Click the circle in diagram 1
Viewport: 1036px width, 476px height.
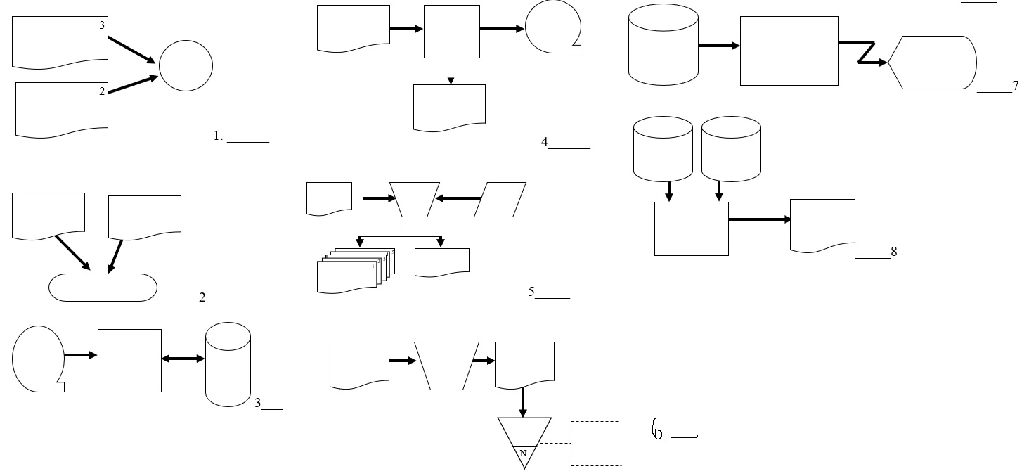pyautogui.click(x=186, y=65)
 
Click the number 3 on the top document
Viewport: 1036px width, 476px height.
pyautogui.click(x=102, y=25)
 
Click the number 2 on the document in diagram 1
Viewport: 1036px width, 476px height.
pyautogui.click(x=102, y=91)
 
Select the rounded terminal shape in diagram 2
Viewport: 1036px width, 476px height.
pyautogui.click(x=103, y=288)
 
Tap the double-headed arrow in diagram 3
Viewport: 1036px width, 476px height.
pyautogui.click(x=183, y=359)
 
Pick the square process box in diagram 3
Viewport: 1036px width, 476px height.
pyautogui.click(x=129, y=360)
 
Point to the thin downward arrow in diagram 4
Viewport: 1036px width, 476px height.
pyautogui.click(x=451, y=71)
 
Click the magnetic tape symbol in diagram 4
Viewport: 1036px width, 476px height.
pyautogui.click(x=553, y=28)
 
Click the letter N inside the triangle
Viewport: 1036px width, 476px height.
pyautogui.click(x=523, y=454)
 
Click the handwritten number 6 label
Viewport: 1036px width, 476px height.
pyautogui.click(x=658, y=430)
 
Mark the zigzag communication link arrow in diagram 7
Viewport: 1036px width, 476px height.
pyautogui.click(x=864, y=53)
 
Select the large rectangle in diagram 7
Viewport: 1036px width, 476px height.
pyautogui.click(x=789, y=51)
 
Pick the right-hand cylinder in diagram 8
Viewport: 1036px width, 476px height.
pyautogui.click(x=731, y=148)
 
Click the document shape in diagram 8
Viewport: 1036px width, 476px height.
pyautogui.click(x=822, y=224)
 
